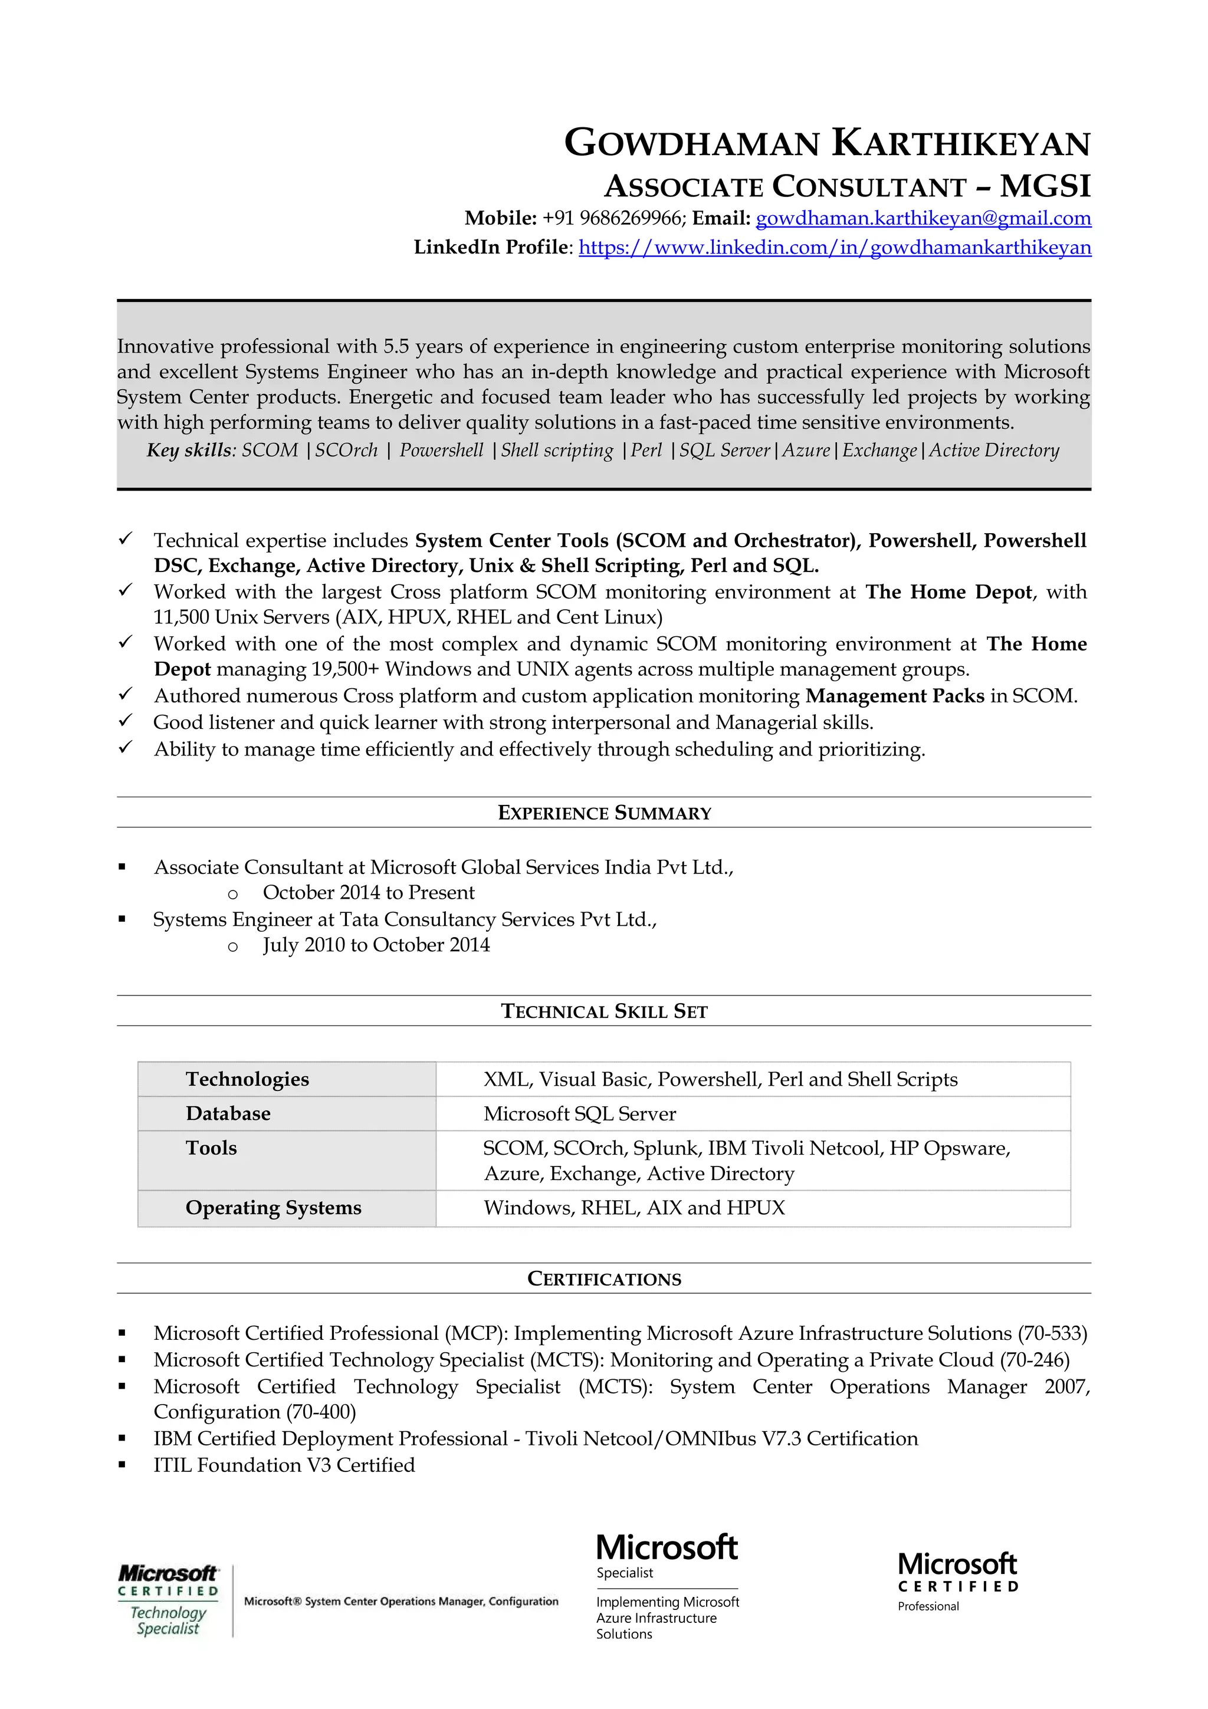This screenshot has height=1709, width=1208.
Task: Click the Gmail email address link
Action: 923,218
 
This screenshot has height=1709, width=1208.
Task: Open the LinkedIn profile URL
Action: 835,247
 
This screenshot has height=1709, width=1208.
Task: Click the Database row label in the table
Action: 228,1113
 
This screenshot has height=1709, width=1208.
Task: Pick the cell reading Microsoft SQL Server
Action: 579,1113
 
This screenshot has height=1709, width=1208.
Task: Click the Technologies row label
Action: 247,1079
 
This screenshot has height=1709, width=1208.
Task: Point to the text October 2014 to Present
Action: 369,892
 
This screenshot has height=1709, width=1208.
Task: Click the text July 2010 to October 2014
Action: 376,945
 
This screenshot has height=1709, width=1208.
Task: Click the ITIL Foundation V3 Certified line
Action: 284,1465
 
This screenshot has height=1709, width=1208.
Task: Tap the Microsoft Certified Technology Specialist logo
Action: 169,1600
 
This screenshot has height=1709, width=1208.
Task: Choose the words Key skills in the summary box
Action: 190,451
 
